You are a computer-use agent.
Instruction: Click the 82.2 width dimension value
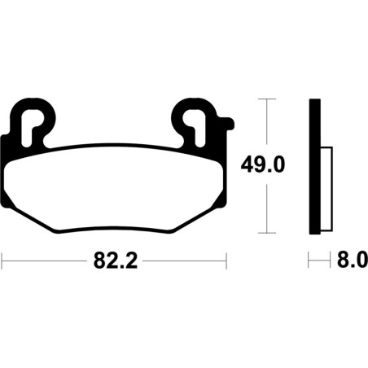[x=116, y=261]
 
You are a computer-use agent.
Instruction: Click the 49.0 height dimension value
[x=263, y=164]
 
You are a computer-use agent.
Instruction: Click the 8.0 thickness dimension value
[x=353, y=260]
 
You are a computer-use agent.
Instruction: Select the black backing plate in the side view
[x=315, y=166]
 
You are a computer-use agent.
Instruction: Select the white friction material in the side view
[x=326, y=189]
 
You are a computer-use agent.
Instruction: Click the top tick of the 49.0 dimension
[x=267, y=99]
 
